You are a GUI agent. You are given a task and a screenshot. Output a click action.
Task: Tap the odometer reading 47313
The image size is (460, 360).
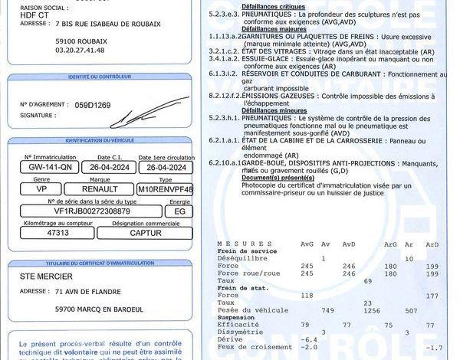click(x=58, y=232)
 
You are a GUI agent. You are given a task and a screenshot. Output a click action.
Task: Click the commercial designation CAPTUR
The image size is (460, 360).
click(x=145, y=232)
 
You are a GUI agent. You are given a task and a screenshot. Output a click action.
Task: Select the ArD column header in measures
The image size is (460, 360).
click(x=432, y=244)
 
